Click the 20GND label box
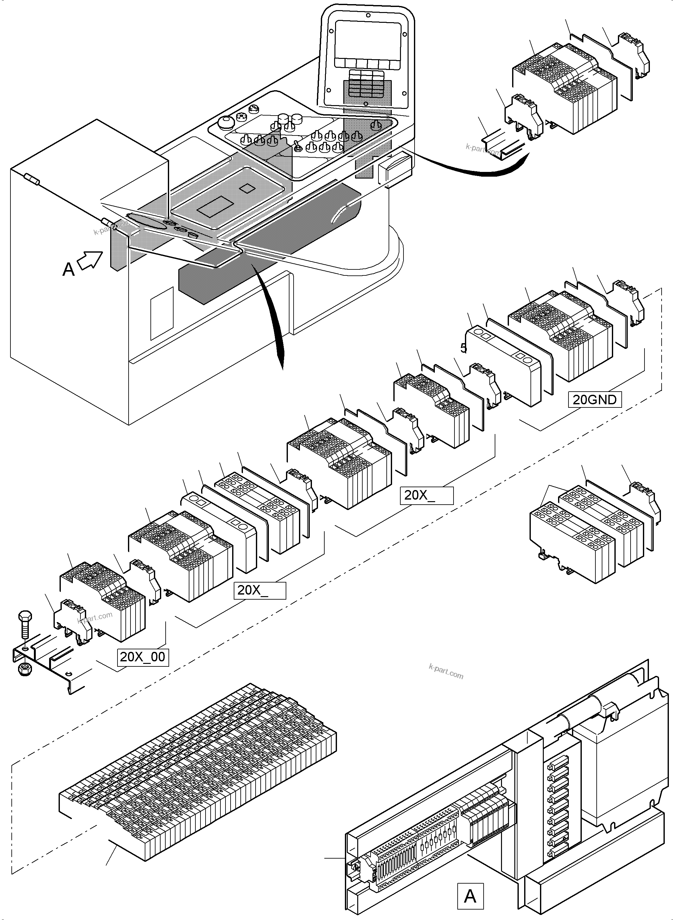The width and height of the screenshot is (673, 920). click(x=595, y=400)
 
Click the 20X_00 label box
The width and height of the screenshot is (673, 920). click(x=143, y=657)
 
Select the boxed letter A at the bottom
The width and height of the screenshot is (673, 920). click(x=470, y=896)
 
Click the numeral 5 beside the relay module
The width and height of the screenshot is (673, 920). click(x=463, y=348)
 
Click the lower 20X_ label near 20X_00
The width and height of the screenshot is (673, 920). click(x=259, y=590)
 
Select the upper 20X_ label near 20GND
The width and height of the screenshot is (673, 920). click(x=426, y=495)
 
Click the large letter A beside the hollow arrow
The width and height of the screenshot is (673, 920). click(x=68, y=269)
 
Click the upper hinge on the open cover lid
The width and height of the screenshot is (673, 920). click(x=32, y=179)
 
